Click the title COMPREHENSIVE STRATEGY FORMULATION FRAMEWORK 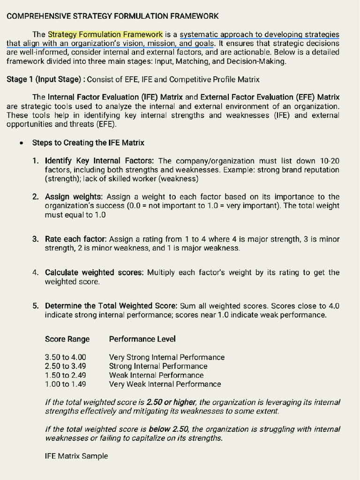pyautogui.click(x=112, y=16)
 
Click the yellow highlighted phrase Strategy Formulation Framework pyautogui.click(x=105, y=34)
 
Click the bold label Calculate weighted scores pyautogui.click(x=95, y=272)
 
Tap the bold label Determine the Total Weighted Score pyautogui.click(x=111, y=306)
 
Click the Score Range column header pyautogui.click(x=67, y=339)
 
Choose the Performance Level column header pyautogui.click(x=142, y=339)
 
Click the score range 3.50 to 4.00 pyautogui.click(x=66, y=357)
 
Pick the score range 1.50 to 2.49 pyautogui.click(x=66, y=375)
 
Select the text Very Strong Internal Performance pyautogui.click(x=166, y=357)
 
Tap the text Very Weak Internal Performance pyautogui.click(x=165, y=384)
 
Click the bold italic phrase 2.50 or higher pyautogui.click(x=172, y=402)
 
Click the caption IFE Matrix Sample pyautogui.click(x=76, y=456)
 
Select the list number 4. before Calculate pyautogui.click(x=36, y=272)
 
